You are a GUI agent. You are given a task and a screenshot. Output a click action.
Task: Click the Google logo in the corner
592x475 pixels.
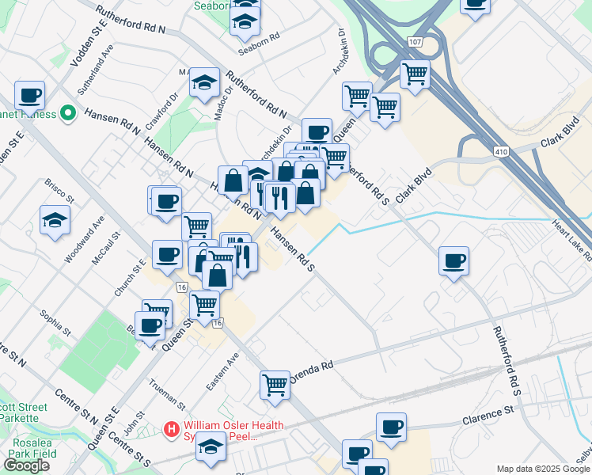point(26,465)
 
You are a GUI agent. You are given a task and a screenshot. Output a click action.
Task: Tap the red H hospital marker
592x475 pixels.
point(170,430)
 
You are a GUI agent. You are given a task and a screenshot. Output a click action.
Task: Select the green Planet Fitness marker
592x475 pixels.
point(69,114)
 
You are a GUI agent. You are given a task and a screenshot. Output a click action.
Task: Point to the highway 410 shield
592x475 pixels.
point(500,150)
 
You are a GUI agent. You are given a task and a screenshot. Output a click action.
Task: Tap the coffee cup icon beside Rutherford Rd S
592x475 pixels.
point(453,260)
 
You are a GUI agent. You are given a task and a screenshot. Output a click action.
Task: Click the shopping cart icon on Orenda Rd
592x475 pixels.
point(275,384)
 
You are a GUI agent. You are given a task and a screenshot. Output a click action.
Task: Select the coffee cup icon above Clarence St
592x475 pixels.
point(390,427)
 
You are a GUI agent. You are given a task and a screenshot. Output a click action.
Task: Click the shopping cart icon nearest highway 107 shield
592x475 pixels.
point(415,74)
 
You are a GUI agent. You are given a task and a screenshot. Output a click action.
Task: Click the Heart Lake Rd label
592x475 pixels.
point(573,241)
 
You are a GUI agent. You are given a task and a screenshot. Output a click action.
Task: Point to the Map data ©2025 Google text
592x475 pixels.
point(543,469)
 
